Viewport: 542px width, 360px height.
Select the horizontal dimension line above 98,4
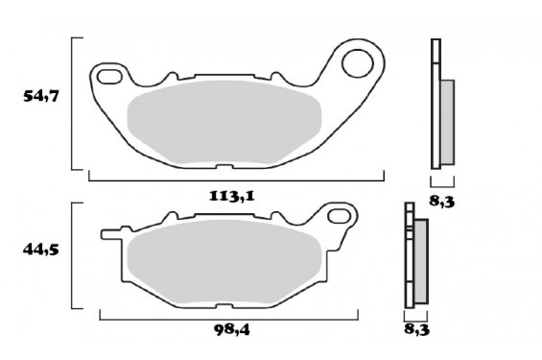pyautogui.click(x=228, y=317)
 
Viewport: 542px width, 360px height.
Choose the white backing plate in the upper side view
pyautogui.click(x=436, y=106)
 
